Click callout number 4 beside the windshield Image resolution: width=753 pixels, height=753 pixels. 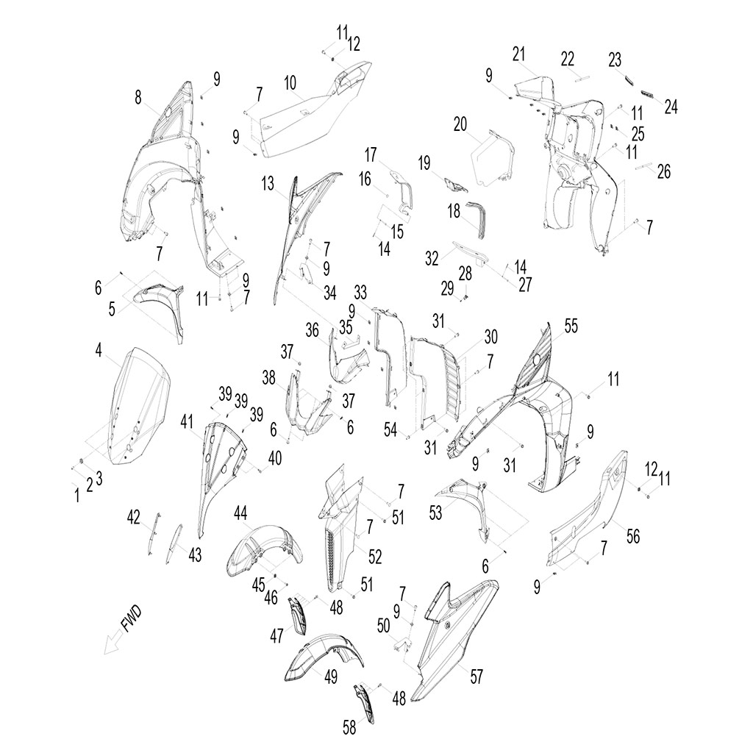click(x=99, y=351)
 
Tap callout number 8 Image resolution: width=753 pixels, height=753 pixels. click(x=138, y=96)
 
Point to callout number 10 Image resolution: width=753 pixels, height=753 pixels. click(x=291, y=81)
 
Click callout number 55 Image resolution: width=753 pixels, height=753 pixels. click(x=571, y=327)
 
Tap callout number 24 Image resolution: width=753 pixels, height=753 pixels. click(x=671, y=107)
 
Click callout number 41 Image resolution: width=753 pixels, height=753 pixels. click(x=187, y=422)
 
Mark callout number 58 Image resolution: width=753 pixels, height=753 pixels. click(x=349, y=728)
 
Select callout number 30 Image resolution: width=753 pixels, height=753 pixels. click(x=491, y=337)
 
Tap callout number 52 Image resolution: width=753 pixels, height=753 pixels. click(x=375, y=557)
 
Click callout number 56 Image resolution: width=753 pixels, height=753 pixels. click(x=632, y=536)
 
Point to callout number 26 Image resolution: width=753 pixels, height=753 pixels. click(x=664, y=172)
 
